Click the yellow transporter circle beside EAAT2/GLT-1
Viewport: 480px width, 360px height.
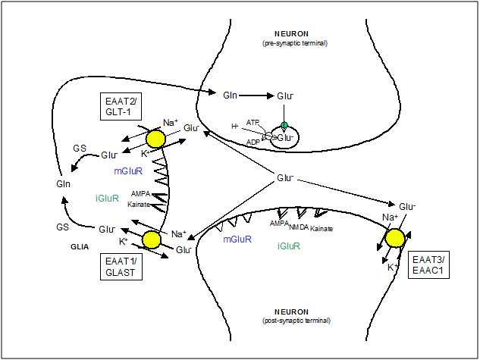155,138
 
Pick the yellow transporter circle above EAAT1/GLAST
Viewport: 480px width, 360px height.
152,239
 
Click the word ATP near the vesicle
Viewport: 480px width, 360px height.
253,122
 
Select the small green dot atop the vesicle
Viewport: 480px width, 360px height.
284,126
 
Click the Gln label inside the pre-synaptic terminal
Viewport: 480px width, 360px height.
231,96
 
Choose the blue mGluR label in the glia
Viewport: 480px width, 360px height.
130,172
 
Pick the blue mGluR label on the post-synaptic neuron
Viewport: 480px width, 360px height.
237,239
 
